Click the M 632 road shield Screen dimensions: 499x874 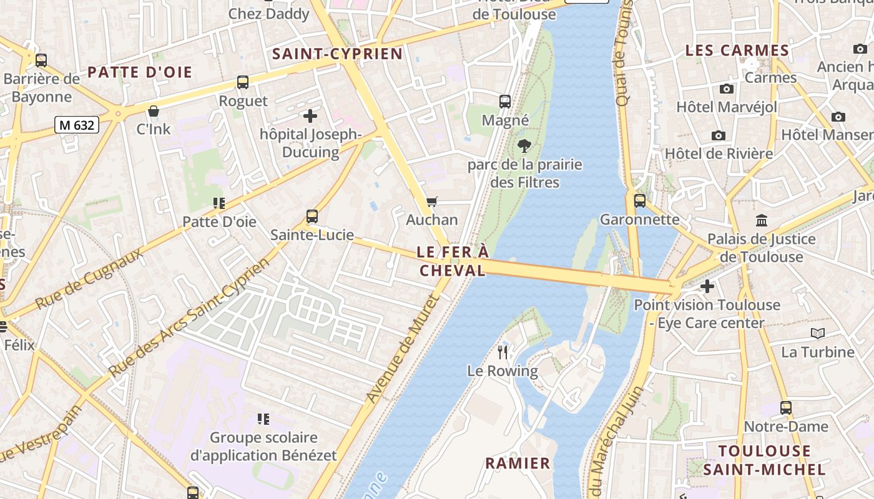pos(77,125)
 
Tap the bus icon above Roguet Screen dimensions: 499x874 pos(243,82)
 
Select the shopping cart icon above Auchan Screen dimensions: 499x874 pos(431,201)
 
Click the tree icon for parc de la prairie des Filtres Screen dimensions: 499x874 pos(524,146)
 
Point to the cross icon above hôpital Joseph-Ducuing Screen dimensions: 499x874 pos(310,115)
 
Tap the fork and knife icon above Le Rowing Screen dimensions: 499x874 pos(503,352)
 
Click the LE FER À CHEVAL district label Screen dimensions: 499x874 pos(453,261)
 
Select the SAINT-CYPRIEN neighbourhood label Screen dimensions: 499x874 pos(338,54)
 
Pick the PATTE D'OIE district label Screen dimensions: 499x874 pos(140,72)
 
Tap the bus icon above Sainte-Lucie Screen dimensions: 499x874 pos(312,216)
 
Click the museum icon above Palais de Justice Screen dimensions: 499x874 pos(762,220)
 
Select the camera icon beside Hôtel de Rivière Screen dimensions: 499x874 pos(719,135)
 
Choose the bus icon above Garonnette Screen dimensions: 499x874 pos(640,201)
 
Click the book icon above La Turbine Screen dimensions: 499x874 pos(817,334)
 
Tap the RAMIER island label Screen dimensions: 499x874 pos(518,463)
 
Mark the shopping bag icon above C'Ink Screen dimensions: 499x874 pos(154,111)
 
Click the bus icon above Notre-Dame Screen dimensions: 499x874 pos(786,408)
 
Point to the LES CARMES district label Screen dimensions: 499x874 pos(737,51)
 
